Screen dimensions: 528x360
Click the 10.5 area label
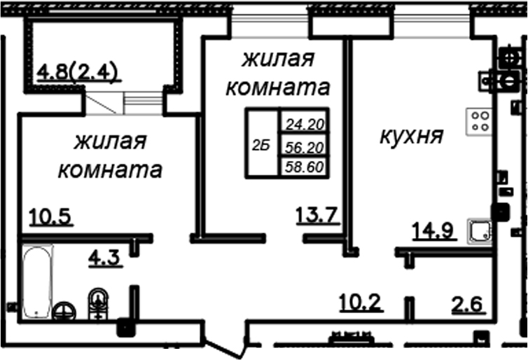tap(51, 216)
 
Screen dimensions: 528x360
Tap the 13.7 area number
tap(317, 214)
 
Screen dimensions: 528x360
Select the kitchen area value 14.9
tap(433, 230)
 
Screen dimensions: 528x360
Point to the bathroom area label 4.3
tap(105, 258)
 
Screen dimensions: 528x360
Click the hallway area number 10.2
tap(361, 302)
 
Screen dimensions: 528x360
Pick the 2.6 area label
tap(468, 305)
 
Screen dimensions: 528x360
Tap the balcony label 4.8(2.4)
tap(78, 72)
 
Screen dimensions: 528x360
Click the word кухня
tap(412, 137)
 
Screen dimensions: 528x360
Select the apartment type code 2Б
tap(261, 146)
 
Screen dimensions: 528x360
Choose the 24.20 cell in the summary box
tap(305, 125)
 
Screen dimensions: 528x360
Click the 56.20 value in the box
tap(305, 147)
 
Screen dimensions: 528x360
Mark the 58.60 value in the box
tap(305, 167)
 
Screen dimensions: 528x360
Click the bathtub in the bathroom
tap(38, 282)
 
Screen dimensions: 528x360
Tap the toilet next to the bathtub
tap(64, 310)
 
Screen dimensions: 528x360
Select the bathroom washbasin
tap(98, 304)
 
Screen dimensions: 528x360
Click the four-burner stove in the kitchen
tap(479, 122)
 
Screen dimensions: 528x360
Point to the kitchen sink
tap(479, 231)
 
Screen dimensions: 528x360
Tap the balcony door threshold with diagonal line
tap(102, 103)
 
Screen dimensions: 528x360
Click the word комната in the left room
tap(111, 169)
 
